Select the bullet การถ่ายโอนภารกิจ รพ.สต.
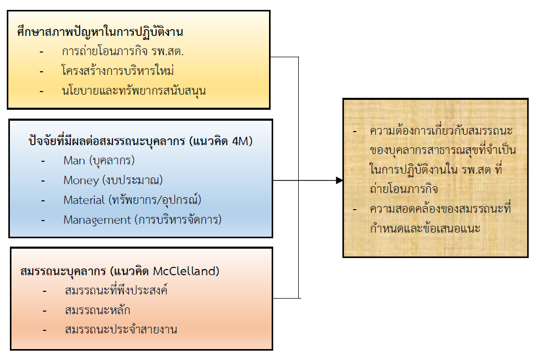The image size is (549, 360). [x=123, y=52]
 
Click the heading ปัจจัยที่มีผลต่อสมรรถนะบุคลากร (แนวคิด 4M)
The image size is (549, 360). [x=141, y=141]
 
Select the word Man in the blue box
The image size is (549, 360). [x=74, y=160]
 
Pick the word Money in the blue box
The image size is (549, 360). [x=81, y=180]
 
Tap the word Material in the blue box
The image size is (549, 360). [x=84, y=200]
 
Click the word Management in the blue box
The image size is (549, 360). [x=97, y=220]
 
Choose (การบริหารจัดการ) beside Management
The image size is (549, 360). [x=178, y=220]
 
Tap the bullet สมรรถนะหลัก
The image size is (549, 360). [x=97, y=310]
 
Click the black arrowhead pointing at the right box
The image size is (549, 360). [x=339, y=180]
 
